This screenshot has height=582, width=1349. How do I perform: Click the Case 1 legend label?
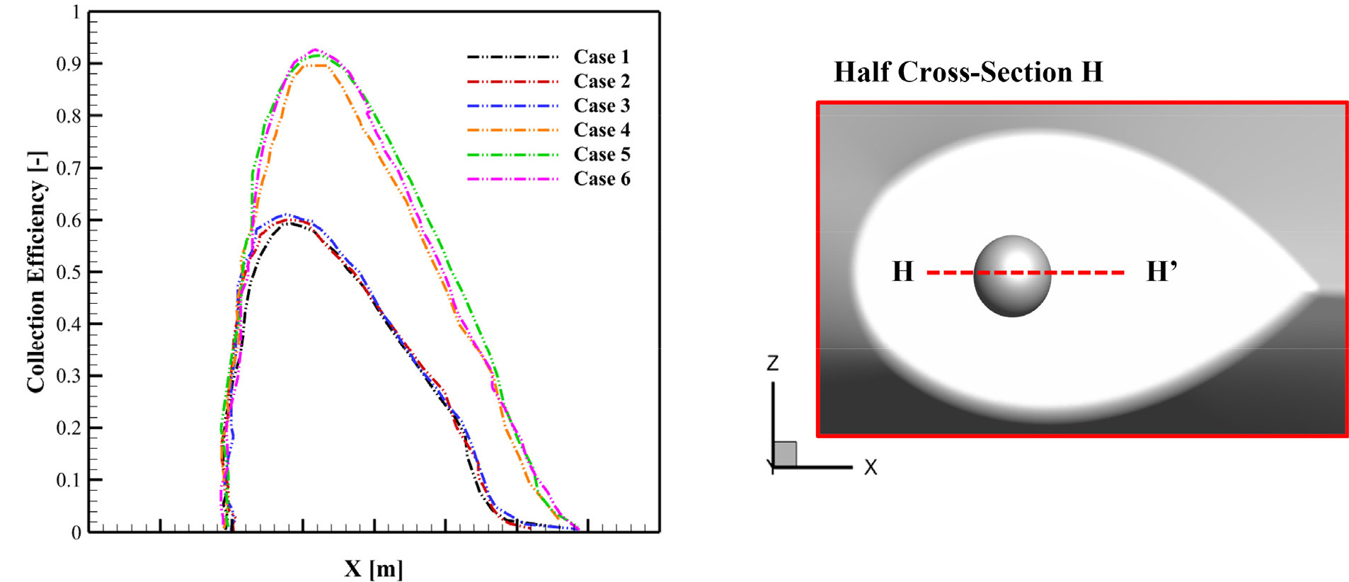pos(601,57)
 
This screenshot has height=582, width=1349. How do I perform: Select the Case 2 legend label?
pos(601,81)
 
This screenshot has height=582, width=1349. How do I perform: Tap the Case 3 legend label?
pos(601,105)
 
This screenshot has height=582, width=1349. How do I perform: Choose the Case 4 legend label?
pos(601,130)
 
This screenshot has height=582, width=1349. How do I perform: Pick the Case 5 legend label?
pos(601,154)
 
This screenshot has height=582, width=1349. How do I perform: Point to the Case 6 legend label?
pos(601,178)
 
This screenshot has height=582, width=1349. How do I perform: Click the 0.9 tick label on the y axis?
pos(69,64)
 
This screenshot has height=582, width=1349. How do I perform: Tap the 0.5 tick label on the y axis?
pos(69,272)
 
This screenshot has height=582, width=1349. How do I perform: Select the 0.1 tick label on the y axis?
pos(69,480)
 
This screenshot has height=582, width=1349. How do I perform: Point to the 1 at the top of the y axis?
pos(76,12)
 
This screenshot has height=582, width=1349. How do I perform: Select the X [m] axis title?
pos(374,568)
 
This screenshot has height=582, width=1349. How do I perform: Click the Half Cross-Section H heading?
pos(968,72)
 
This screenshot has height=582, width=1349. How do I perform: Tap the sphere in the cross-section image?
pos(1011,276)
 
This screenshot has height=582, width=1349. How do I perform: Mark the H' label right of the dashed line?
pos(1161,271)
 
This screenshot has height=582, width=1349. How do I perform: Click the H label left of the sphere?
pos(902,271)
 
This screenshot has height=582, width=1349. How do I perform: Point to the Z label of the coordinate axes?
pos(772,363)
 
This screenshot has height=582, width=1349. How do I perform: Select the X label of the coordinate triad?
pos(871,467)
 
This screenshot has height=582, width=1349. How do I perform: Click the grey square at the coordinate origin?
pos(785,454)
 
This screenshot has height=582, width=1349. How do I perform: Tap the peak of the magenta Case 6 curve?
pos(316,50)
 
